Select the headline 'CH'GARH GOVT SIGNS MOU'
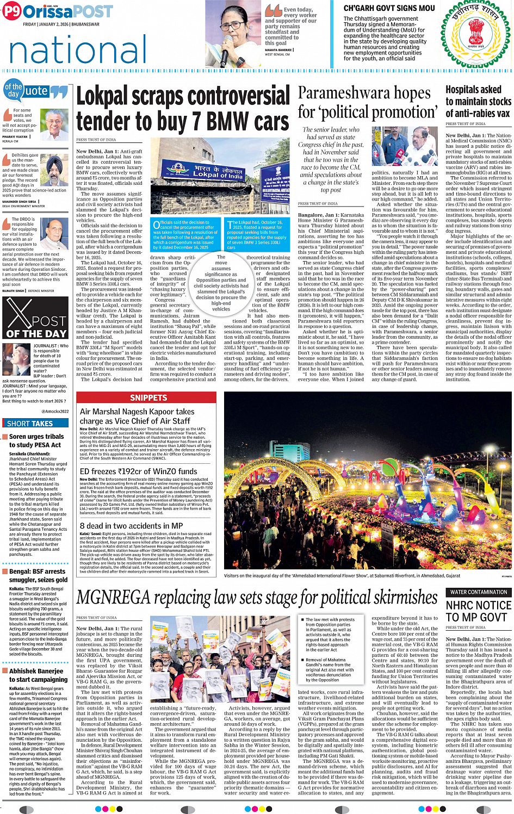(389, 8)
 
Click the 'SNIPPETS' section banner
(148, 398)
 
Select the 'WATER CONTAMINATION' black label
(479, 592)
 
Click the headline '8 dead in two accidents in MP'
(132, 526)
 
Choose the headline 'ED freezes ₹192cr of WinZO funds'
(138, 471)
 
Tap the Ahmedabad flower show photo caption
(342, 576)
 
